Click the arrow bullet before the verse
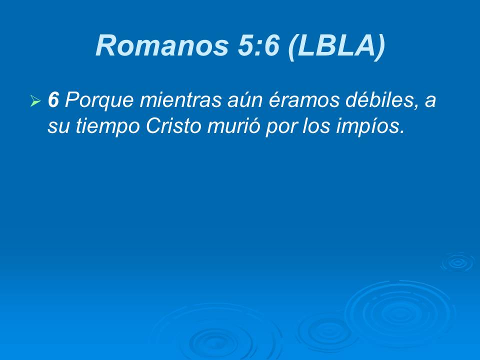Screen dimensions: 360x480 [x=35, y=102]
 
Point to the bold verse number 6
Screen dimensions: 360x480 [x=53, y=100]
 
